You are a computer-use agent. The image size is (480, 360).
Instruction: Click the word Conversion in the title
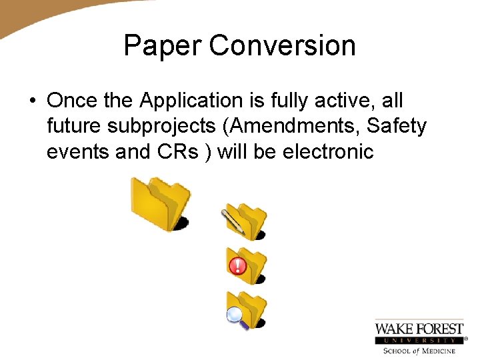(282, 46)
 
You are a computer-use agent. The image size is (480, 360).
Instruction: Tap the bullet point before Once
(32, 101)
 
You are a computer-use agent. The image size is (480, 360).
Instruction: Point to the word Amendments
(297, 126)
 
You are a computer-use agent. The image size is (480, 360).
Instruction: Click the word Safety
(397, 126)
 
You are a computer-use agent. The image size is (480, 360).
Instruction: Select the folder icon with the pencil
(245, 222)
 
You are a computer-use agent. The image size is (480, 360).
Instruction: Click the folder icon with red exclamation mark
(247, 265)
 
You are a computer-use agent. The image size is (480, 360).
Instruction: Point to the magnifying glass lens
(235, 315)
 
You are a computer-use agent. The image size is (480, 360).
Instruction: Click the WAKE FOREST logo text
(419, 329)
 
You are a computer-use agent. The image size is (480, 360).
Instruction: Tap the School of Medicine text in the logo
(419, 351)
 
